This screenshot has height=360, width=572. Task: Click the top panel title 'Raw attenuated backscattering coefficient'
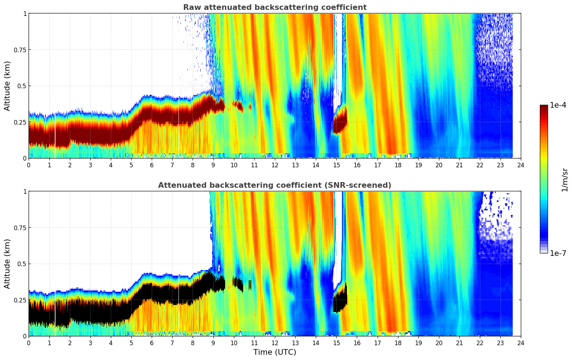pos(275,7)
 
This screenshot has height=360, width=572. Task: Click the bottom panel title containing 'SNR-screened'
pos(275,185)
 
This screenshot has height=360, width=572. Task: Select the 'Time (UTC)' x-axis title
pos(275,352)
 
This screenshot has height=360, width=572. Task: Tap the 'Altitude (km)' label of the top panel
pos(7,86)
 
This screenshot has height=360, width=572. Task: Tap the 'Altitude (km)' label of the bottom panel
pos(7,264)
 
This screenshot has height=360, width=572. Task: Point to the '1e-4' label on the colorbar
pos(558,105)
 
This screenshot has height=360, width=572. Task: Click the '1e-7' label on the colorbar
pos(558,253)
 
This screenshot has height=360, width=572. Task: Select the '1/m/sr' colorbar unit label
pos(565,180)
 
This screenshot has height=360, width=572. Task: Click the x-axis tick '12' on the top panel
pos(275,165)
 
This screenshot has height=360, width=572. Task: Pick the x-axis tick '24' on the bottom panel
pos(520,343)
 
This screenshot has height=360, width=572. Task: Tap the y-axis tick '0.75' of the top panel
pos(20,50)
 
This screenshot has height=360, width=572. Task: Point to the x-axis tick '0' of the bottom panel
pos(29,343)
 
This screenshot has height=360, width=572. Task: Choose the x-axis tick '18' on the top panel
pos(398,165)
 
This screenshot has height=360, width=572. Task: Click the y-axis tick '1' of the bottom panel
pos(25,191)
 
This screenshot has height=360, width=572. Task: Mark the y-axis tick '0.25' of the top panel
pos(20,122)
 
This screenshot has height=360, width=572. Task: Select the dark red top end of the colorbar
pos(543,108)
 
